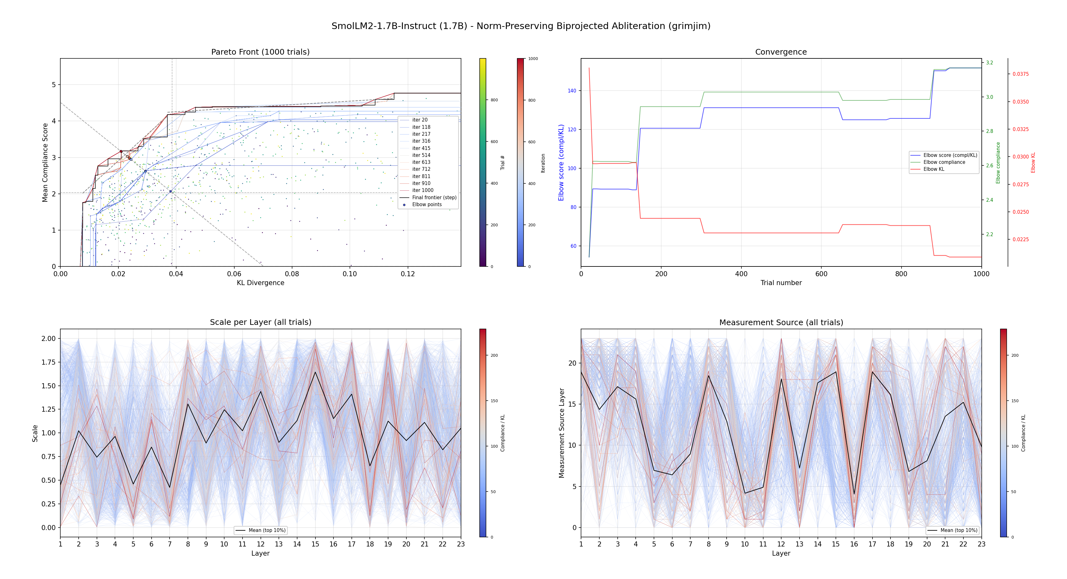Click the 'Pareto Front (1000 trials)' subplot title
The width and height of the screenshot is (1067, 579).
[260, 52]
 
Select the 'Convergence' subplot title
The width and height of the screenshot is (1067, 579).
[781, 52]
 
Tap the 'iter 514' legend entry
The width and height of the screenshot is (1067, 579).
[421, 155]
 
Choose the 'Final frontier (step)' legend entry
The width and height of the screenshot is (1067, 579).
[434, 198]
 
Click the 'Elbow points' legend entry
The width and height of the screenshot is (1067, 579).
[427, 205]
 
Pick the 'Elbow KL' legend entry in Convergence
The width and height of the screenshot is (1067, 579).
[934, 169]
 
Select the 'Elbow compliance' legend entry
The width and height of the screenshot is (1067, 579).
[944, 162]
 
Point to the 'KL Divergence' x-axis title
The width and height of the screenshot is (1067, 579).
[260, 283]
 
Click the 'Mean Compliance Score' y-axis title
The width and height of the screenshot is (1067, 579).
[45, 162]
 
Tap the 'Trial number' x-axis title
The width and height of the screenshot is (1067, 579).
[781, 283]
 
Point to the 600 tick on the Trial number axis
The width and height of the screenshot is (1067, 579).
[821, 274]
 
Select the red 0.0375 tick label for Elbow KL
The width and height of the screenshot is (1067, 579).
[1020, 74]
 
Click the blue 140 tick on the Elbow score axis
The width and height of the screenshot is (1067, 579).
[572, 91]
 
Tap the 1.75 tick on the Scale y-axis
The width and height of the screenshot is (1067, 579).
[48, 362]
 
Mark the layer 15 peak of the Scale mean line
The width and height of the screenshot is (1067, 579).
[315, 372]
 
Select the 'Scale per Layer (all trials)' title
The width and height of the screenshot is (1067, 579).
[260, 322]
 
